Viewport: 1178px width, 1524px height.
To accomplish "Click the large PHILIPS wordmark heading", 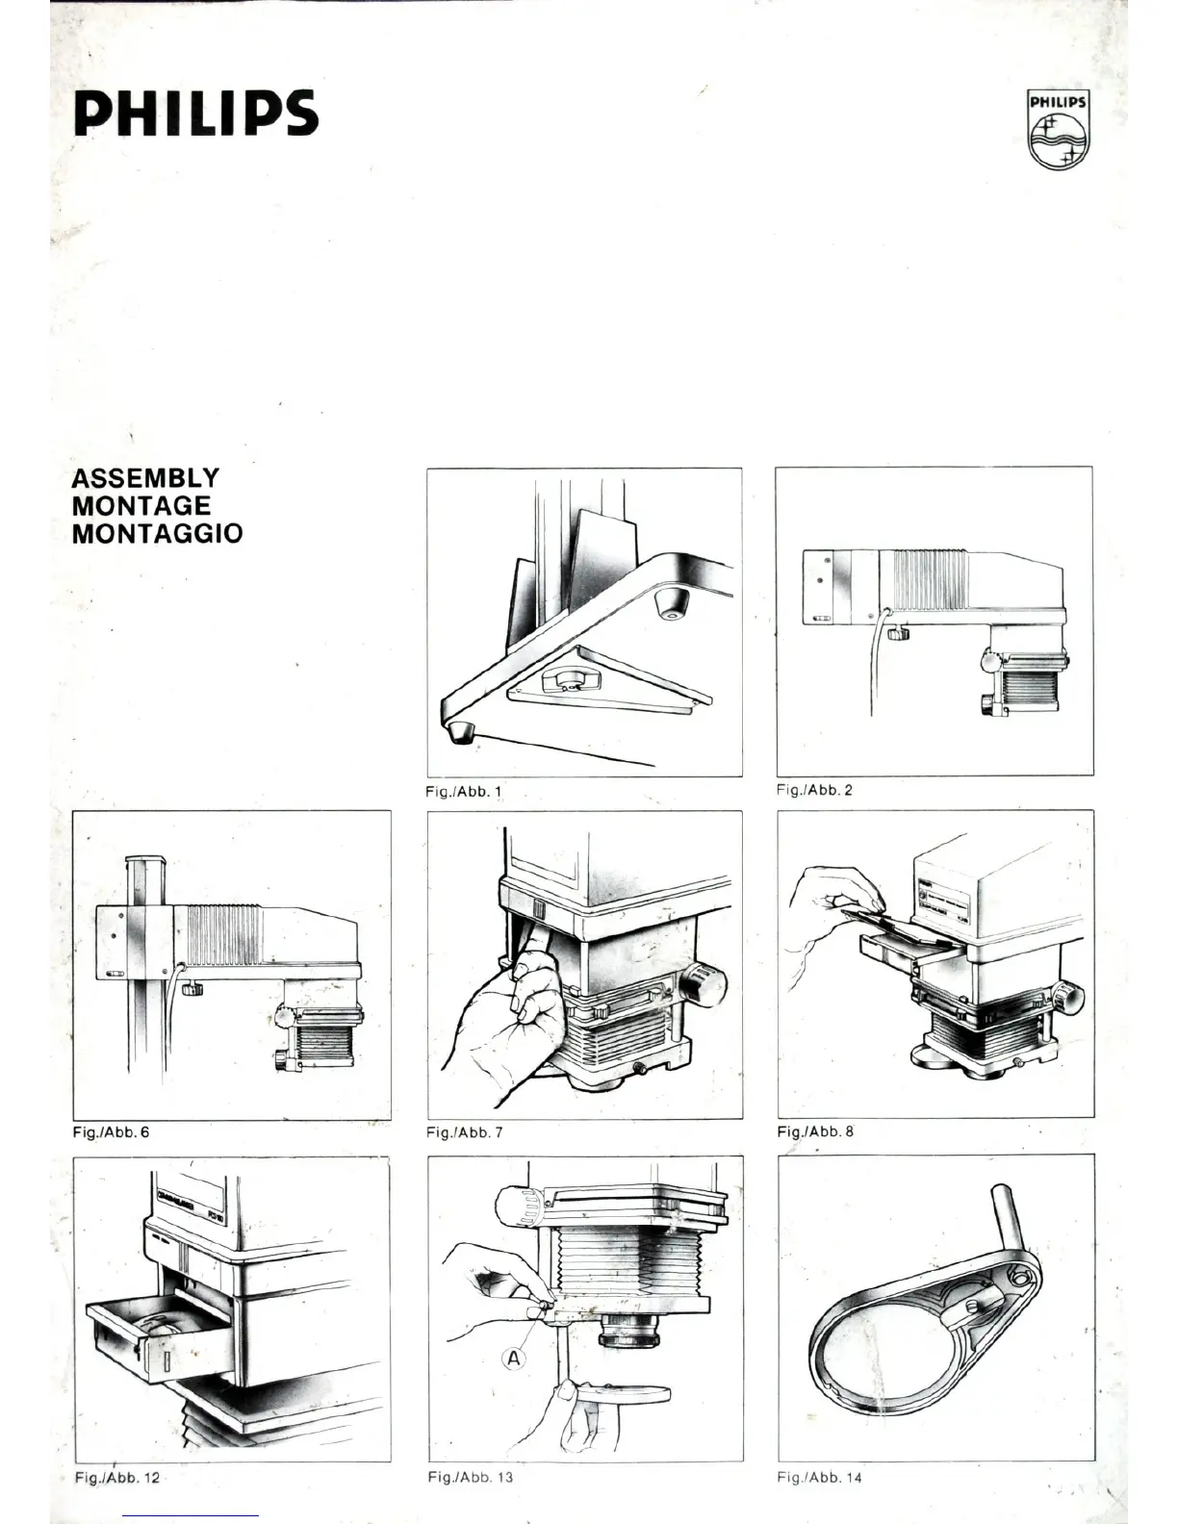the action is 195,114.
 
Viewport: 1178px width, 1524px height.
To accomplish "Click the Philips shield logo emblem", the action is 1058,131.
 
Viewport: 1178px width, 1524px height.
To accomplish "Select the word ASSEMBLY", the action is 145,478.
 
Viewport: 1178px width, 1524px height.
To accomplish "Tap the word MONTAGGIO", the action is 157,533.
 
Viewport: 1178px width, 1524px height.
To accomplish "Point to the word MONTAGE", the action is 141,505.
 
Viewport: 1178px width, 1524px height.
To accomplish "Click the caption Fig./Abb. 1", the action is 463,792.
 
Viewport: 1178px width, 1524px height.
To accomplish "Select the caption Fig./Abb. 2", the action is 814,790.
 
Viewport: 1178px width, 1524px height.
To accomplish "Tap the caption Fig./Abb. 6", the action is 111,1132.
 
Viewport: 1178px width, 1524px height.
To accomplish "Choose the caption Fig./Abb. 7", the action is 464,1132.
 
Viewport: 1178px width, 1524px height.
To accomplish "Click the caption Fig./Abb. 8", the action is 815,1131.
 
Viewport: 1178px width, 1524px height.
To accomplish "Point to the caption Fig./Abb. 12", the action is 116,1478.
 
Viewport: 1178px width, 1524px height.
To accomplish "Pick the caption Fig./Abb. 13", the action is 470,1477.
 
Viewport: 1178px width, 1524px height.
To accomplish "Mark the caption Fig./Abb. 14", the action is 820,1477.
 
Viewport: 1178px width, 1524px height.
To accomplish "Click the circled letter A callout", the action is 515,1359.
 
